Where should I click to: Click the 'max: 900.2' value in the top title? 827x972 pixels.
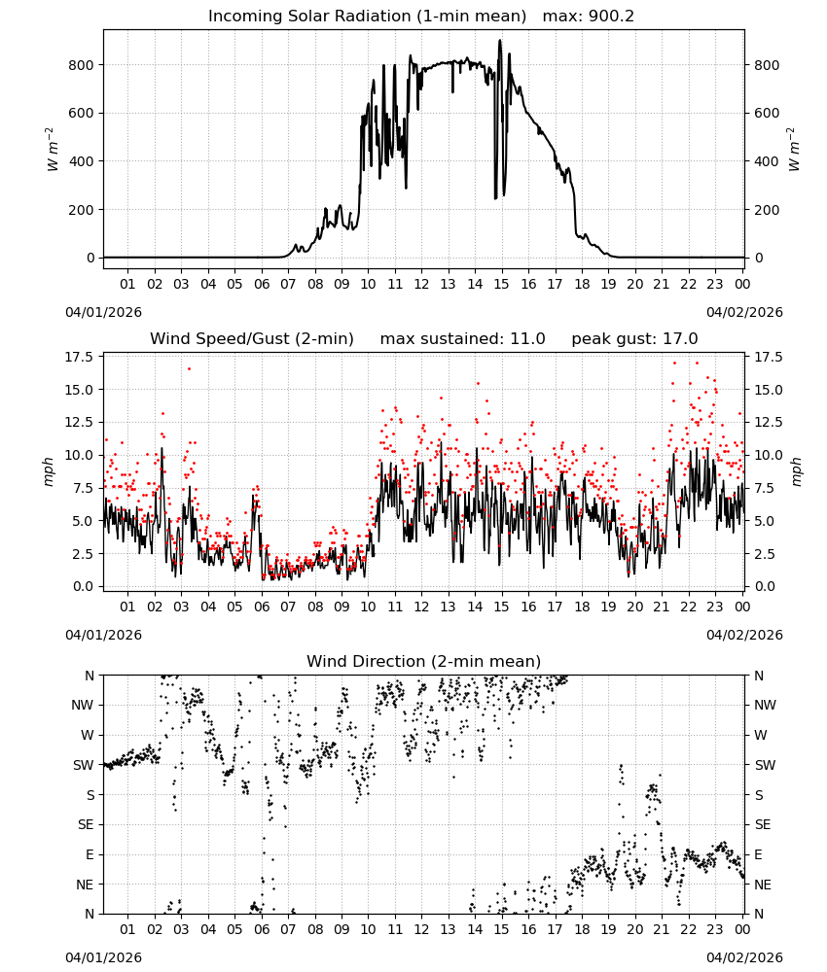pyautogui.click(x=589, y=17)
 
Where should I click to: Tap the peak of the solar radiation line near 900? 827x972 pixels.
pyautogui.click(x=499, y=41)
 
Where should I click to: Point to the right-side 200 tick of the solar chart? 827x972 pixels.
pyautogui.click(x=767, y=210)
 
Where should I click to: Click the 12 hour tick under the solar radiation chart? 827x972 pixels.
pyautogui.click(x=421, y=284)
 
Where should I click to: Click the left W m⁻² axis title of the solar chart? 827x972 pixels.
pyautogui.click(x=52, y=150)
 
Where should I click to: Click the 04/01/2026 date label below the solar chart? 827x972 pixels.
pyautogui.click(x=103, y=312)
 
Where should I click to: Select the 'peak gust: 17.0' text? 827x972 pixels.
pyautogui.click(x=634, y=339)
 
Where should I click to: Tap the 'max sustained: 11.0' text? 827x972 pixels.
pyautogui.click(x=463, y=339)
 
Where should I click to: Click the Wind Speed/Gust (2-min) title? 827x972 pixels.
pyautogui.click(x=252, y=339)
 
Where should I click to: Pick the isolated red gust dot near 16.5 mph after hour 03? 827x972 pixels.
pyautogui.click(x=189, y=368)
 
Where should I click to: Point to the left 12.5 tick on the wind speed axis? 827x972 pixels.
pyautogui.click(x=79, y=422)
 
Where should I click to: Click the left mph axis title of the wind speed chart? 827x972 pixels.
pyautogui.click(x=49, y=471)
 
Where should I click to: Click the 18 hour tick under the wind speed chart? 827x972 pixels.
pyautogui.click(x=582, y=607)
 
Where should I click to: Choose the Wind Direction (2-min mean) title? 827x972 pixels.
pyautogui.click(x=424, y=661)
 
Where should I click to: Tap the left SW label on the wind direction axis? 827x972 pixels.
pyautogui.click(x=84, y=765)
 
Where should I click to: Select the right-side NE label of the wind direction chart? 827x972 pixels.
pyautogui.click(x=763, y=885)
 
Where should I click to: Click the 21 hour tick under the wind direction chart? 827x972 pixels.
pyautogui.click(x=662, y=929)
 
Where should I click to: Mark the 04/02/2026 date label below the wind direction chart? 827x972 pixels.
pyautogui.click(x=744, y=957)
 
